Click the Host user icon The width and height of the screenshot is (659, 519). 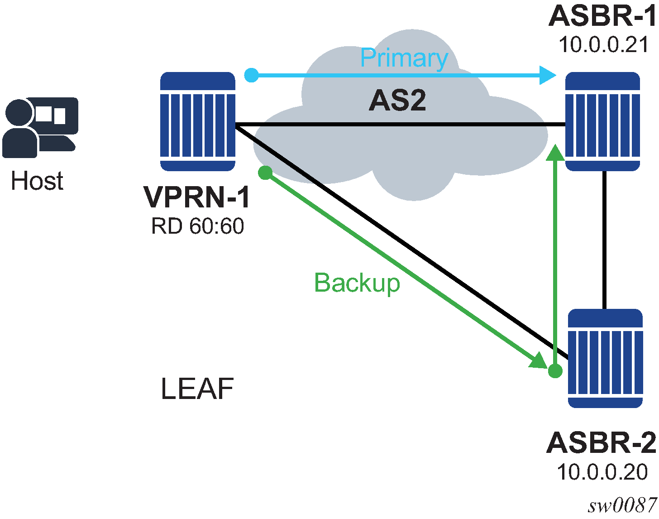40,127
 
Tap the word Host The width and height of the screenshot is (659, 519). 37,181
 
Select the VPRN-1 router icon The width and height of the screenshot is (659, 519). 198,121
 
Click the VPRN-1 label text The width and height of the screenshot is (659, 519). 197,197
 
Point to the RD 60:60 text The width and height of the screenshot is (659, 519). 197,226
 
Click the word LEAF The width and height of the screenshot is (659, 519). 197,389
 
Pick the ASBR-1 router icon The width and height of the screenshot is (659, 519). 602,121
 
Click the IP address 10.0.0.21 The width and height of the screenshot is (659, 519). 603,45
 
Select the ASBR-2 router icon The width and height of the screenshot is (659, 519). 605,358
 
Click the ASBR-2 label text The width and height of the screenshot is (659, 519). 601,442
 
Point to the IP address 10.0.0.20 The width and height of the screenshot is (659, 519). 602,472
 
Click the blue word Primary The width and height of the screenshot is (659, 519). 404,58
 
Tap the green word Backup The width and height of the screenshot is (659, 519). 357,283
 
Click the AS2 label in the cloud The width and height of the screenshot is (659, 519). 397,101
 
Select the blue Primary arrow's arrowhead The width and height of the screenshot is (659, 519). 548,75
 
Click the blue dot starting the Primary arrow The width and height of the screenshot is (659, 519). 251,75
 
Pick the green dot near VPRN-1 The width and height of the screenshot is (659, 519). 265,173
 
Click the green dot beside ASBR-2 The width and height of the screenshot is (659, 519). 555,371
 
